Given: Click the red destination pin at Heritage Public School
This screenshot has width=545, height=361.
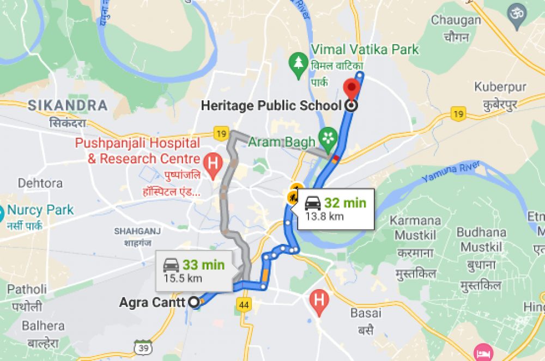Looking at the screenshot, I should click(352, 87).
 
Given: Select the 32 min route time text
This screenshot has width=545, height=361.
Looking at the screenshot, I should click(345, 204).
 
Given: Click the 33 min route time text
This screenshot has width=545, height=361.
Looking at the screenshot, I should click(203, 265).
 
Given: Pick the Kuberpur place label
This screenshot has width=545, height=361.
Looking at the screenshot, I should click(500, 87).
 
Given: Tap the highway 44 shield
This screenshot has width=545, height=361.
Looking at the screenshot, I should click(244, 305).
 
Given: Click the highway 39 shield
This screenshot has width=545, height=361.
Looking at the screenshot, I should click(142, 347).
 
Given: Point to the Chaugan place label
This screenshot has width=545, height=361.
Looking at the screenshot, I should click(457, 20).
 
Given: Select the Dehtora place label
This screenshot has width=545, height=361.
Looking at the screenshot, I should click(40, 183).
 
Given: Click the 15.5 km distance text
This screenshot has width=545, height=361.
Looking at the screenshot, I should click(183, 278).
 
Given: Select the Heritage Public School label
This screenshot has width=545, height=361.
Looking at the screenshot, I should click(271, 106).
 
